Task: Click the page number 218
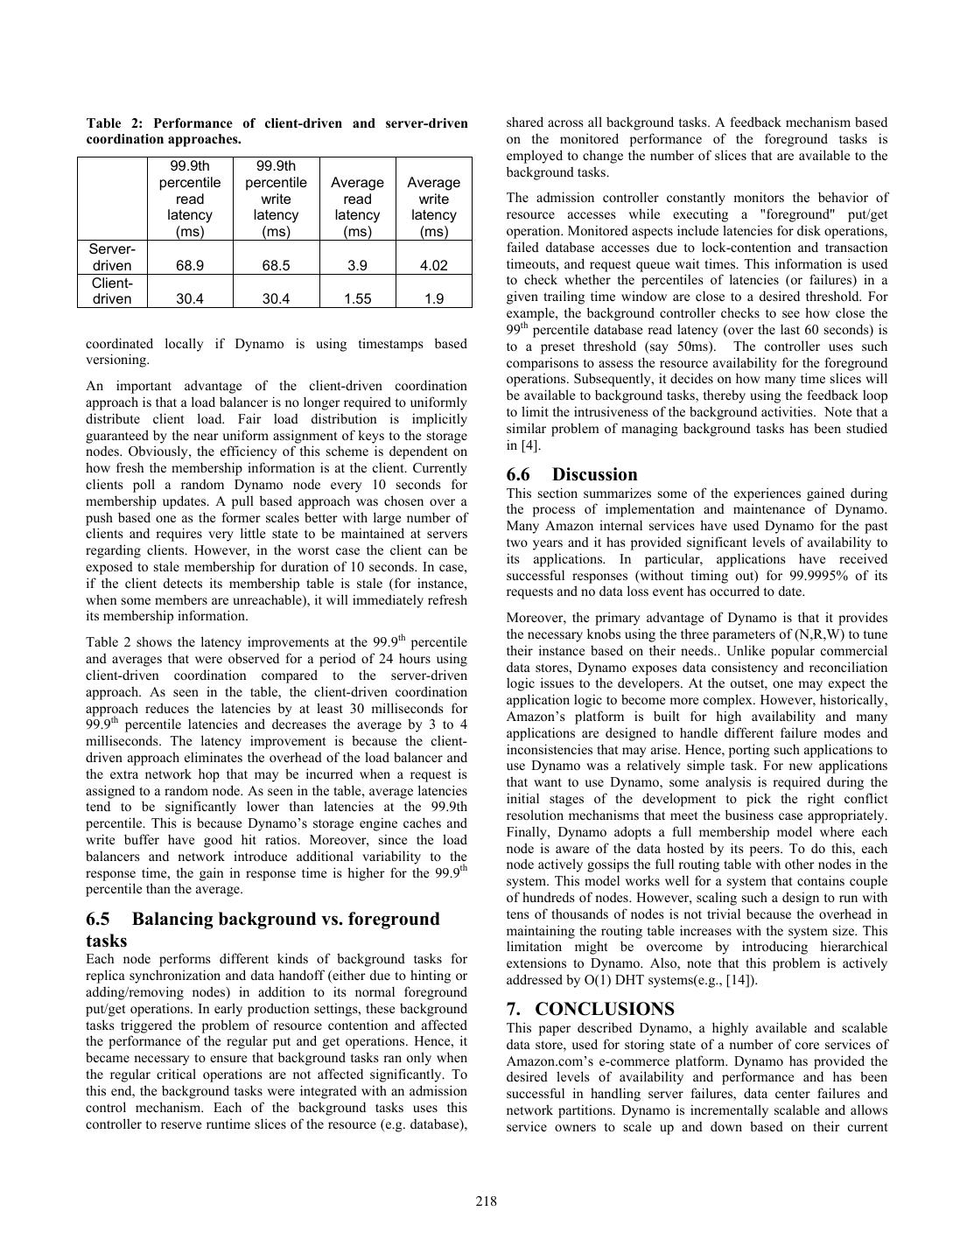tap(487, 1201)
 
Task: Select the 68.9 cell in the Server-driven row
tap(190, 265)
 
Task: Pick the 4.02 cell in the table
tap(433, 265)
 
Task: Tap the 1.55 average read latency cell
tap(357, 298)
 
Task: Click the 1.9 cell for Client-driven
tap(433, 298)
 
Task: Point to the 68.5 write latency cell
tap(276, 265)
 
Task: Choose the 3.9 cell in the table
tap(357, 265)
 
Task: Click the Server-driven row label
tap(112, 257)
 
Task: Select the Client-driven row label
tap(112, 290)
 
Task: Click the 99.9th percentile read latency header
tap(190, 199)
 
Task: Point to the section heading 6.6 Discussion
tap(571, 474)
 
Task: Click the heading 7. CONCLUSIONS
tap(590, 1009)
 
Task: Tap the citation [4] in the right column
tap(530, 445)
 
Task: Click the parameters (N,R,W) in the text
tap(817, 634)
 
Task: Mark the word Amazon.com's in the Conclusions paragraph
tap(544, 1061)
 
